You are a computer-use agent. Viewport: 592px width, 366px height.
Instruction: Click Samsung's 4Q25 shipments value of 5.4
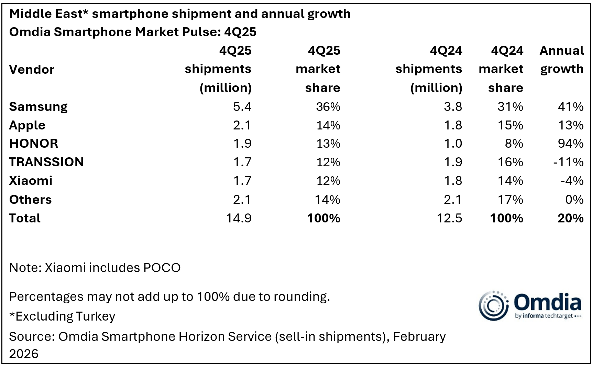pos(242,107)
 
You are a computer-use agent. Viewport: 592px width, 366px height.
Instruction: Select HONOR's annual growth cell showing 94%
pos(570,144)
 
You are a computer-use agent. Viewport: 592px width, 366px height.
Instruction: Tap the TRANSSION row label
pos(46,162)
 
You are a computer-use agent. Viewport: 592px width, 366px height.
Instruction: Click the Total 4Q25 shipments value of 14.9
pos(239,218)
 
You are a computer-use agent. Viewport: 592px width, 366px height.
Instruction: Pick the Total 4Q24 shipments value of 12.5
pos(449,218)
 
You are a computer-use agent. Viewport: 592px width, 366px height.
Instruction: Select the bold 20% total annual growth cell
pos(570,218)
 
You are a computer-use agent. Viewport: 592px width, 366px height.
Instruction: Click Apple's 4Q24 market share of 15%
pos(510,125)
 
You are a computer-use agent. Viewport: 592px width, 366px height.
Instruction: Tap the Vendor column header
pos(32,70)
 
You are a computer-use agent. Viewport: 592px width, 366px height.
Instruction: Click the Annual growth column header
pos(561,60)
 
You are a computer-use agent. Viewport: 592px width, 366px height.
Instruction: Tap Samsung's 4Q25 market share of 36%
pos(328,107)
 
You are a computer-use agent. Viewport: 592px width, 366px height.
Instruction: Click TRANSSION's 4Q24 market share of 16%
pos(510,162)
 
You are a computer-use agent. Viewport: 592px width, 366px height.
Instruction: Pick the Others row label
pos(31,200)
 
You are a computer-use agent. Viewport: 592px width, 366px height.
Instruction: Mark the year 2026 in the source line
pos(24,354)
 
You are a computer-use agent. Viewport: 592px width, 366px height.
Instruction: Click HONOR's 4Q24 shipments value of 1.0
pos(453,144)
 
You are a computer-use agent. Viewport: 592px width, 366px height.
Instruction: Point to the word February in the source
pos(419,336)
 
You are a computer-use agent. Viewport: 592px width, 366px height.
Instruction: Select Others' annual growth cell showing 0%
pos(574,200)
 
